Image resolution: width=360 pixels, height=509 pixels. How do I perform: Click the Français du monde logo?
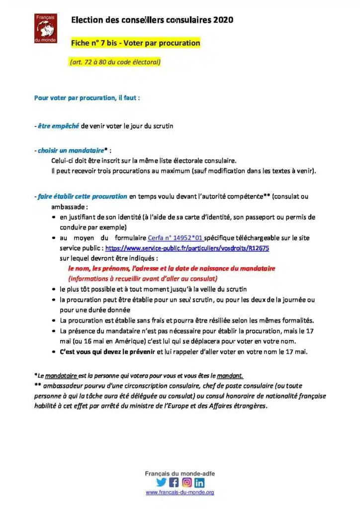point(46,28)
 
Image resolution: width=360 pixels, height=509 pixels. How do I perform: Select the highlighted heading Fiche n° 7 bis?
point(135,43)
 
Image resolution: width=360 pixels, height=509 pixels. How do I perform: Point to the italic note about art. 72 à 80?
point(115,62)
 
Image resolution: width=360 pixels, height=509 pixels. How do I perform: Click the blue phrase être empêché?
point(58,126)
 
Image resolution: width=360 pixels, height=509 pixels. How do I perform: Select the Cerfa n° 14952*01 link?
point(176,238)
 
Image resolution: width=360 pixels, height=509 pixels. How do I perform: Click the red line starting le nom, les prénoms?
point(172,268)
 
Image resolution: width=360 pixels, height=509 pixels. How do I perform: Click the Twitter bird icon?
point(161,482)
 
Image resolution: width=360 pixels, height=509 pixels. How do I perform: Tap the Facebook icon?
point(174,482)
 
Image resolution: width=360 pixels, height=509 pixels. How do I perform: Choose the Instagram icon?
point(186,482)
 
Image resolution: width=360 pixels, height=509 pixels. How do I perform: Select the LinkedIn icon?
point(199,482)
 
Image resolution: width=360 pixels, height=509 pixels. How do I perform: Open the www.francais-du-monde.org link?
point(180,493)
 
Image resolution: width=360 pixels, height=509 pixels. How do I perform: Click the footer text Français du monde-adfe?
point(180,474)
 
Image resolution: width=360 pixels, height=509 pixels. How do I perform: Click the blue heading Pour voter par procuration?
point(87,98)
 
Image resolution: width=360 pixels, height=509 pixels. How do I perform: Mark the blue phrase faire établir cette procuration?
point(82,196)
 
